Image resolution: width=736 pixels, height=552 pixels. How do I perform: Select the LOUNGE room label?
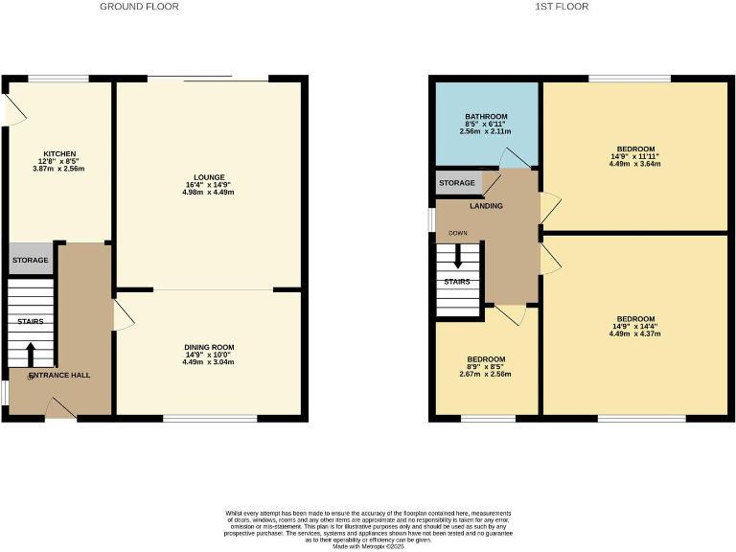coord(210,177)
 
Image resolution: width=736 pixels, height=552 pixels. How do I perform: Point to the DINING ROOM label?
coord(209,347)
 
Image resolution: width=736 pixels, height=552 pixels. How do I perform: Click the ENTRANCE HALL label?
coord(58,375)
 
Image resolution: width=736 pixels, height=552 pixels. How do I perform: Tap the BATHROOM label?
coord(486,117)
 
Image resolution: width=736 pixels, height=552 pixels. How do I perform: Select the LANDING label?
coord(486,205)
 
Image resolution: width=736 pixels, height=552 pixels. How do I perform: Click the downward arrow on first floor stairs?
coord(458,256)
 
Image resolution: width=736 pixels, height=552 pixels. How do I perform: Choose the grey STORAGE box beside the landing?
coord(457,183)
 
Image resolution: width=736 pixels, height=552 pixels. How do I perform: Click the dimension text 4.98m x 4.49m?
coord(210,193)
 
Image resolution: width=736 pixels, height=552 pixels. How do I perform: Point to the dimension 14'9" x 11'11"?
coord(634,156)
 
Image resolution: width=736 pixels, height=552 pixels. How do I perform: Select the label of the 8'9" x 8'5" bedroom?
coord(486,359)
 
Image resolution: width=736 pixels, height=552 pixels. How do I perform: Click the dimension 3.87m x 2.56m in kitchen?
coord(58,168)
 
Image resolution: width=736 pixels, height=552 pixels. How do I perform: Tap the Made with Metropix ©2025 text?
coord(368,546)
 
